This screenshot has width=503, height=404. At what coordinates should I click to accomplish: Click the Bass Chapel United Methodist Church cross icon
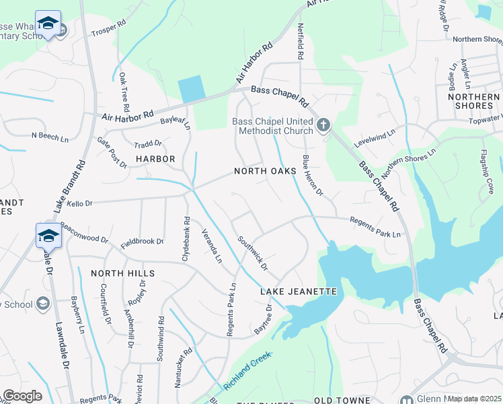point(323,125)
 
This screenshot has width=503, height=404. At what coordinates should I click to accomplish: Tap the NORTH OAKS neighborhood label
point(265,172)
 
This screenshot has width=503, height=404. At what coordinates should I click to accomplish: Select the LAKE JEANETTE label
point(298,292)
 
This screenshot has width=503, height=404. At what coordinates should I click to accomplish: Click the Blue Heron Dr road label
point(313,176)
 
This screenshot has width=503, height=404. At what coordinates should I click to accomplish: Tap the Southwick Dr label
point(254,253)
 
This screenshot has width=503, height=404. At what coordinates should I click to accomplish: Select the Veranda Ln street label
point(212,246)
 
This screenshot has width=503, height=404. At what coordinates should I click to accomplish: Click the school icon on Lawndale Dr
point(48,236)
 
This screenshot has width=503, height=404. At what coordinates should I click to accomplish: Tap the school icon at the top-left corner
point(47,24)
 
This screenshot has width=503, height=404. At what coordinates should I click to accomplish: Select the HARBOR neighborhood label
point(155,159)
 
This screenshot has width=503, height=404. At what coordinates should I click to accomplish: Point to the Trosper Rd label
point(109,31)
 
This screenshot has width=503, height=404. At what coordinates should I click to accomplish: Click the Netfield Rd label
point(301,40)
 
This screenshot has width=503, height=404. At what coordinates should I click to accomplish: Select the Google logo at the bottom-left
point(22,396)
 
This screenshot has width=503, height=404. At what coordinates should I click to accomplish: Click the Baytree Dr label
point(263,321)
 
